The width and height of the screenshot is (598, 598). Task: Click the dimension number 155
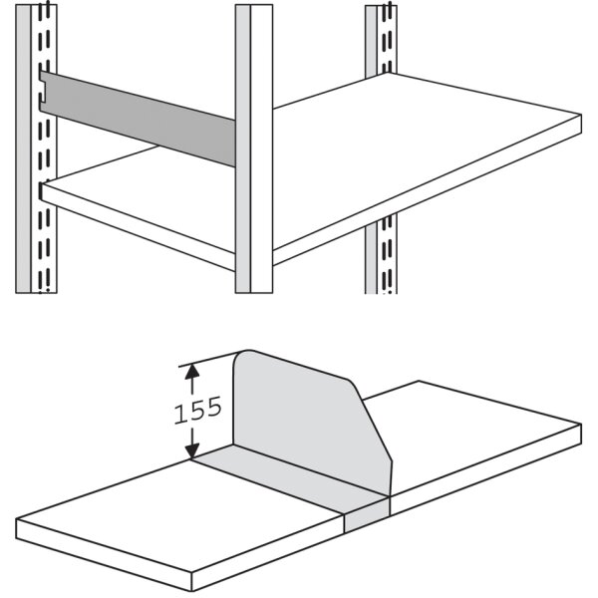(197, 412)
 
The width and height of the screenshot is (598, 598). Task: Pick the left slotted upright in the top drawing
(35, 149)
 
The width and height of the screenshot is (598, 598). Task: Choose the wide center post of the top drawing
(253, 149)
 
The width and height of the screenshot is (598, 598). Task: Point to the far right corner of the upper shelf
(581, 117)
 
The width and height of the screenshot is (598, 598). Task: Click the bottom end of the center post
(253, 289)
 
